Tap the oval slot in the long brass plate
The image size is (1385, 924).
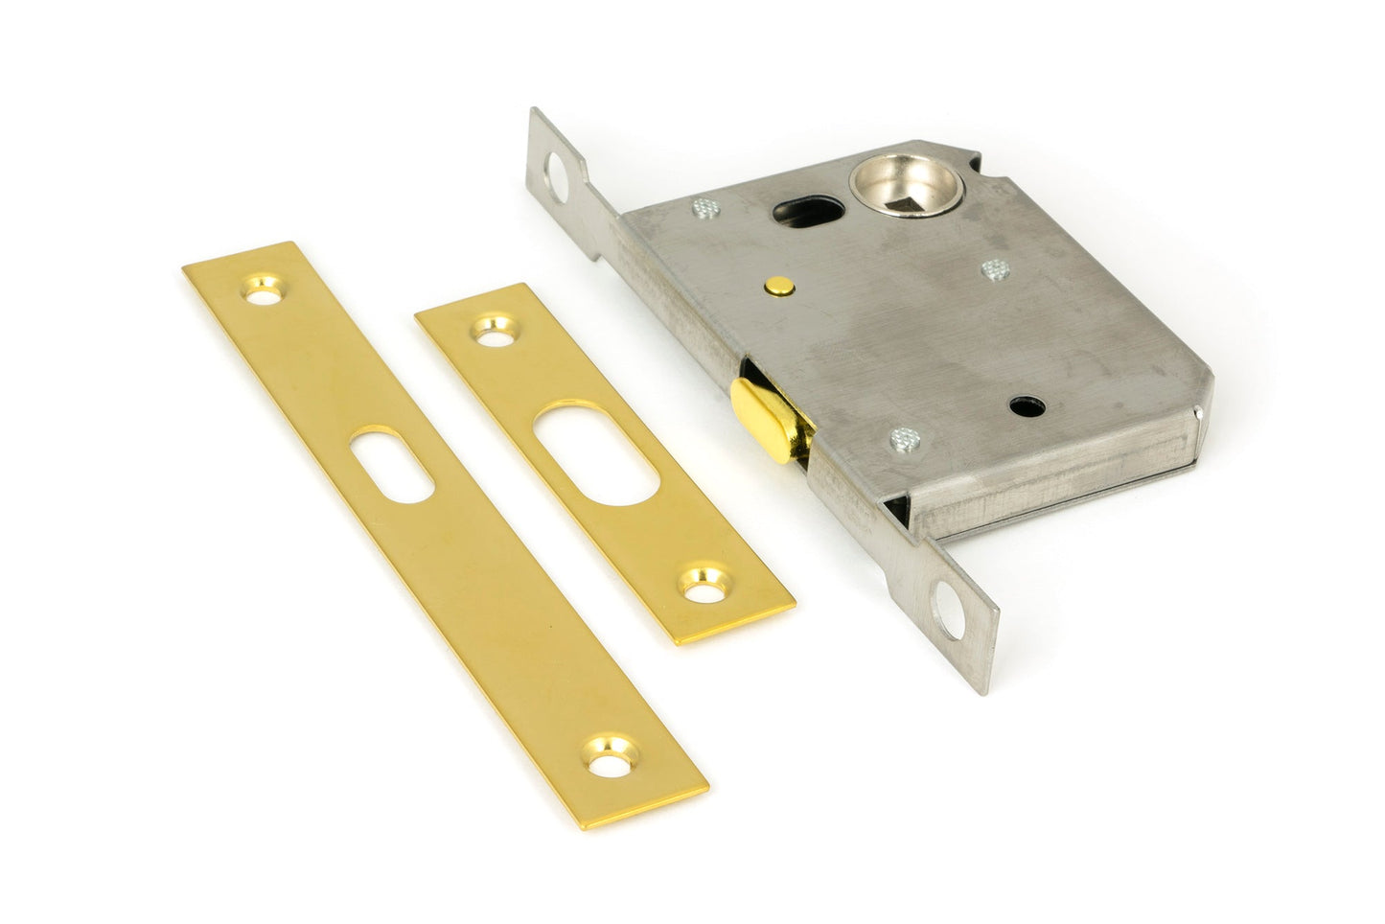[x=392, y=467]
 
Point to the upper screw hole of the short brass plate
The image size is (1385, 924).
[x=496, y=330]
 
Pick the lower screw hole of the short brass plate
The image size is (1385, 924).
[x=704, y=584]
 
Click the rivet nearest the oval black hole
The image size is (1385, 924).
[x=704, y=206]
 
